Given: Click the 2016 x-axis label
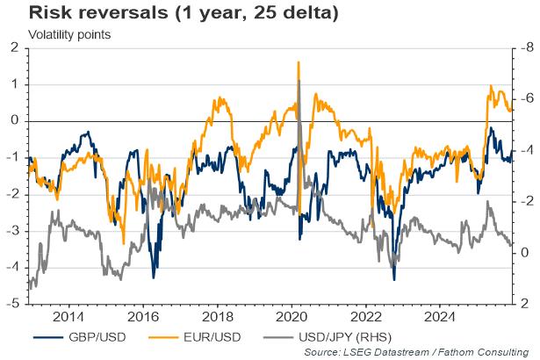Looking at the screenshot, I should pyautogui.click(x=143, y=316).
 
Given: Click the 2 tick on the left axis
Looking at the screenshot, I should pyautogui.click(x=15, y=47).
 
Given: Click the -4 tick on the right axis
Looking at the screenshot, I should pyautogui.click(x=523, y=150).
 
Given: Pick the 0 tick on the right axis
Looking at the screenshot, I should pyautogui.click(x=525, y=253).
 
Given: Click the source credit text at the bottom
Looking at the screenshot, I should pyautogui.click(x=420, y=352).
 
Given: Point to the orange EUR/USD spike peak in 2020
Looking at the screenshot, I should pyautogui.click(x=299, y=62).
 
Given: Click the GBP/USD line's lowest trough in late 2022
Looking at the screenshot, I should pyautogui.click(x=394, y=279).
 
